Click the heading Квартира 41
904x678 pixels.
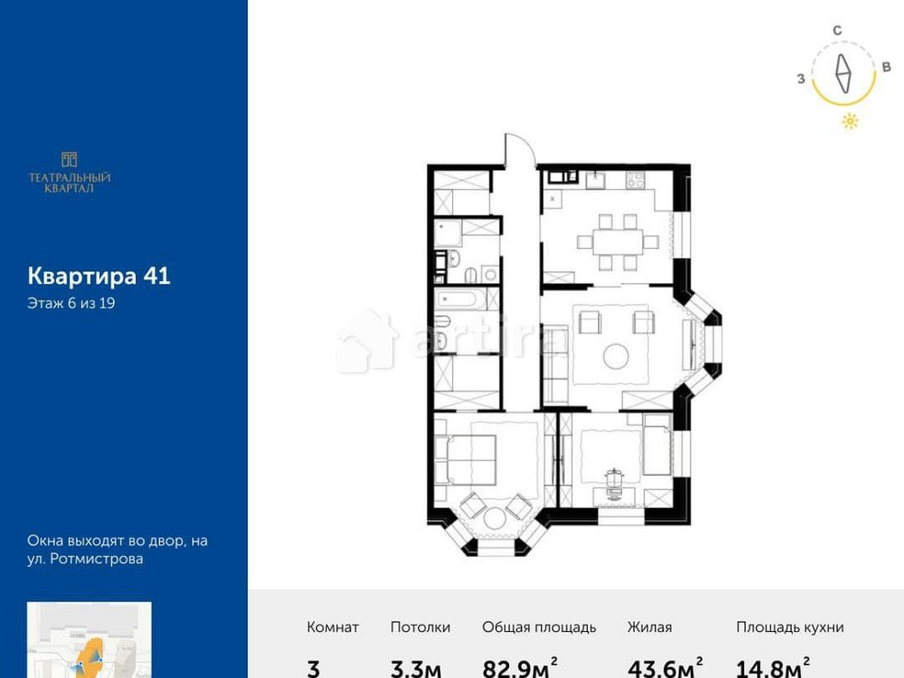pyautogui.click(x=99, y=276)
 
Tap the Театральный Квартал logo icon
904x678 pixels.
pyautogui.click(x=69, y=160)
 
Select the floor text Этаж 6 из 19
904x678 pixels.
pyautogui.click(x=71, y=304)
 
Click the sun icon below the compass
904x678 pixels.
pyautogui.click(x=850, y=121)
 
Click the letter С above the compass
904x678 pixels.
pyautogui.click(x=837, y=31)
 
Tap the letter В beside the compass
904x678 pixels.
pyautogui.click(x=886, y=68)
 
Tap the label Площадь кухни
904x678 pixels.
pyautogui.click(x=789, y=626)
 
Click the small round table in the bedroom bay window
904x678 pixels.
pyautogui.click(x=495, y=518)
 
